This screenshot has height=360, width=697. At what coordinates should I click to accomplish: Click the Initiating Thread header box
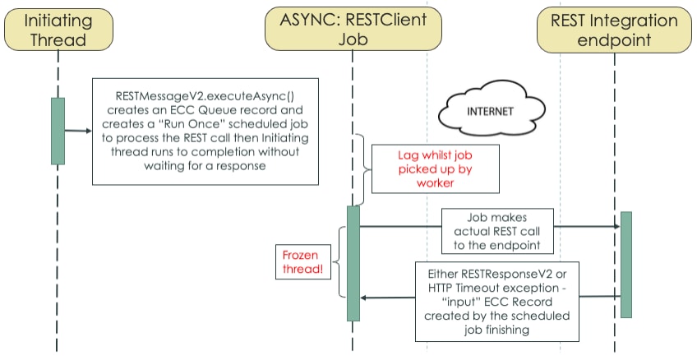pos(58,29)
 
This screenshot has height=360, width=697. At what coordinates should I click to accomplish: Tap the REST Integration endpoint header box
pos(614,29)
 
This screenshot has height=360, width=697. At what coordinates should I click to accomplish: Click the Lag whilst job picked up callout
pos(422,169)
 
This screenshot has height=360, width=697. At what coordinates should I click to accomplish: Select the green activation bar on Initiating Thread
pos(58,131)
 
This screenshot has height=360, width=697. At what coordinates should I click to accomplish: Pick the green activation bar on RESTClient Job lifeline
pos(353,262)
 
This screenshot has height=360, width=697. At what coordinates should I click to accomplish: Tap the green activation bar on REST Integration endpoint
pos(625,264)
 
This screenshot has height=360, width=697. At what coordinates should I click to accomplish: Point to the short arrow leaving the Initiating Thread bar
pos(76,131)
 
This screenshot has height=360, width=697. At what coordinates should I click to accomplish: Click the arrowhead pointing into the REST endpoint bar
pos(614,226)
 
